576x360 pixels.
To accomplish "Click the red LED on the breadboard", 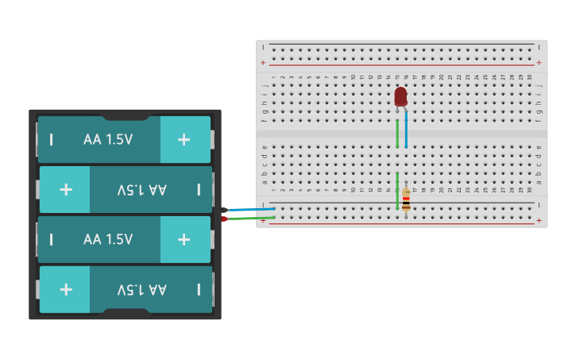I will click(400, 97).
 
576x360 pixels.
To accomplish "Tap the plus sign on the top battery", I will click(184, 140).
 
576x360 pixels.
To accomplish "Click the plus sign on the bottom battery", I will click(66, 289).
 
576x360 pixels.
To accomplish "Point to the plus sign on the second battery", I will click(66, 190).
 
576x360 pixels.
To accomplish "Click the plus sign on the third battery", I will click(184, 239).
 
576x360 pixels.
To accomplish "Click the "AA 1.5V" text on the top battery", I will click(108, 140).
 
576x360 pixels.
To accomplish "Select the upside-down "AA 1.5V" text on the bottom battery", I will click(142, 289).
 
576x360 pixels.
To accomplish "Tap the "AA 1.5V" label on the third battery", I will click(108, 239).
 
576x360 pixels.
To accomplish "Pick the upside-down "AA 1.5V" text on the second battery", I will click(142, 190).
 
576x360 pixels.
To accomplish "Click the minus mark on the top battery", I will click(52, 140).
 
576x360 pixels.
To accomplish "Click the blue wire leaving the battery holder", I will click(251, 209).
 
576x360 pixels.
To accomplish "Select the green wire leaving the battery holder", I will click(251, 218).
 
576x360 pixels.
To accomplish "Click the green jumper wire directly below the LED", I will click(397, 134).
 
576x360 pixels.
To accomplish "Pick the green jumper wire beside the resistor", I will click(397, 192).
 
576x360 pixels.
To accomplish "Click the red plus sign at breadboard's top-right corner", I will click(539, 62).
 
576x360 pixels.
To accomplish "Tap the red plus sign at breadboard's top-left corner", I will click(264, 62).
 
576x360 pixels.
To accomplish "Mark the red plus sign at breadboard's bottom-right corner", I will click(539, 220).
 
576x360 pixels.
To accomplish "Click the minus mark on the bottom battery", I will click(199, 289).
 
